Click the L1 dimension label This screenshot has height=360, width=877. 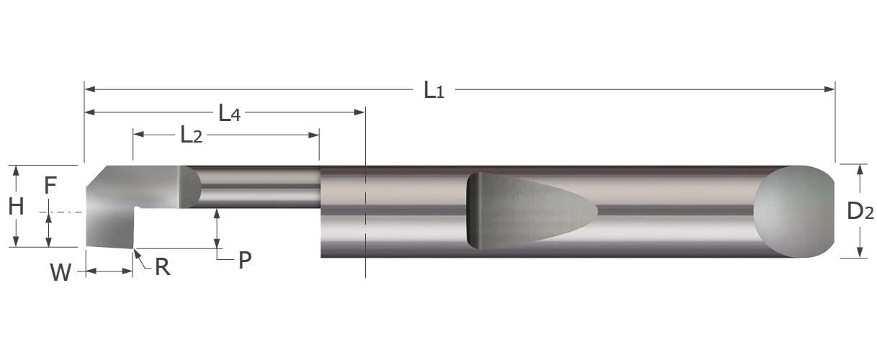click(433, 90)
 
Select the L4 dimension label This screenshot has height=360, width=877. click(229, 113)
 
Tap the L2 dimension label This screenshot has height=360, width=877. click(191, 135)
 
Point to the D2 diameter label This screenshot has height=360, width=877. click(860, 211)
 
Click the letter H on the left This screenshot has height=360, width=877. click(16, 207)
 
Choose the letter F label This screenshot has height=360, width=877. click(50, 186)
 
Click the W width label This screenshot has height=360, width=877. click(60, 272)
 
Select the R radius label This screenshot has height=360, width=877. click(162, 267)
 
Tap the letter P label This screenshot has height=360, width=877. click(245, 261)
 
